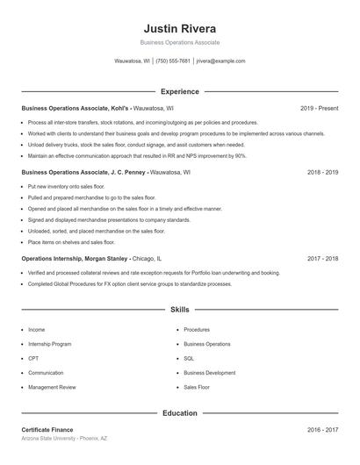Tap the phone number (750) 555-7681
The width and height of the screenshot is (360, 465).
pos(173,61)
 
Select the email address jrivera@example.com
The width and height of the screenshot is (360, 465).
pos(220,61)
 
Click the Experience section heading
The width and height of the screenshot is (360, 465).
pos(179,91)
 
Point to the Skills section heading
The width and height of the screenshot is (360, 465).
pos(179,310)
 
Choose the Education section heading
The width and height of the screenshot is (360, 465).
pos(179,412)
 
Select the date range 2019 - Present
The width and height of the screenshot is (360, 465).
pos(319,108)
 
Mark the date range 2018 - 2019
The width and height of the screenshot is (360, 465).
pos(322,173)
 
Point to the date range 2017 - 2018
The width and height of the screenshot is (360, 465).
pos(322,259)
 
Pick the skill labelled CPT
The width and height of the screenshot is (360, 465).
pos(33,358)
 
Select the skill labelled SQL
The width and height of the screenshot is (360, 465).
pos(189,358)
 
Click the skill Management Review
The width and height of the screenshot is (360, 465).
pos(52,387)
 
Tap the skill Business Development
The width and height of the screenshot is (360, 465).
pos(209,373)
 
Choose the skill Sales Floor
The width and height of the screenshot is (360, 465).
pos(197,387)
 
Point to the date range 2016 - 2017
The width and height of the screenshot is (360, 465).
pos(322,430)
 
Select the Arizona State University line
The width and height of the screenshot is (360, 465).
pos(65,438)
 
